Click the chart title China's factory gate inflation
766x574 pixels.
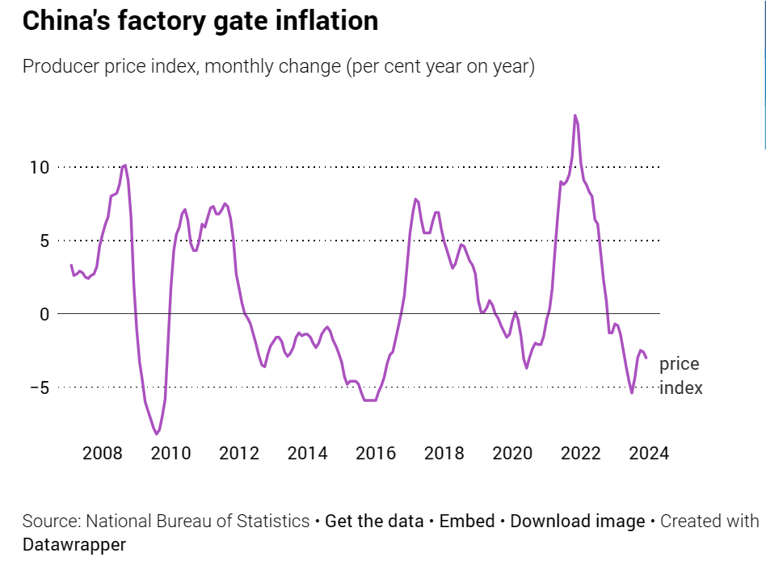pyautogui.click(x=200, y=21)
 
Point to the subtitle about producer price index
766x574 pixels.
pyautogui.click(x=278, y=66)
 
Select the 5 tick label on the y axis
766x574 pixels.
pyautogui.click(x=45, y=241)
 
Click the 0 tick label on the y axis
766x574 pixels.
pyautogui.click(x=45, y=313)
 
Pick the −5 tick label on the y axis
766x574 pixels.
pyautogui.click(x=40, y=388)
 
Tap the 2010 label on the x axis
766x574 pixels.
pyautogui.click(x=170, y=453)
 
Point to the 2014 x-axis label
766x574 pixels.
pyautogui.click(x=307, y=453)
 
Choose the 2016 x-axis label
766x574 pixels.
pyautogui.click(x=375, y=453)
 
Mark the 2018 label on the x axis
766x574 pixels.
pyautogui.click(x=444, y=453)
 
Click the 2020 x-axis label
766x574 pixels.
pyautogui.click(x=512, y=453)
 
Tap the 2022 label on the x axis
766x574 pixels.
pyautogui.click(x=580, y=453)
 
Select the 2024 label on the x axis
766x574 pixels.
pyautogui.click(x=649, y=453)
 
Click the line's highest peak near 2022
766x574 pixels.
pyautogui.click(x=575, y=115)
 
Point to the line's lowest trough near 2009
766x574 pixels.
pyautogui.click(x=157, y=434)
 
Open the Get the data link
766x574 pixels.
pyautogui.click(x=374, y=522)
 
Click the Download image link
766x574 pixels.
pyautogui.click(x=577, y=522)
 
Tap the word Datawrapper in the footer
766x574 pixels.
pyautogui.click(x=74, y=545)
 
